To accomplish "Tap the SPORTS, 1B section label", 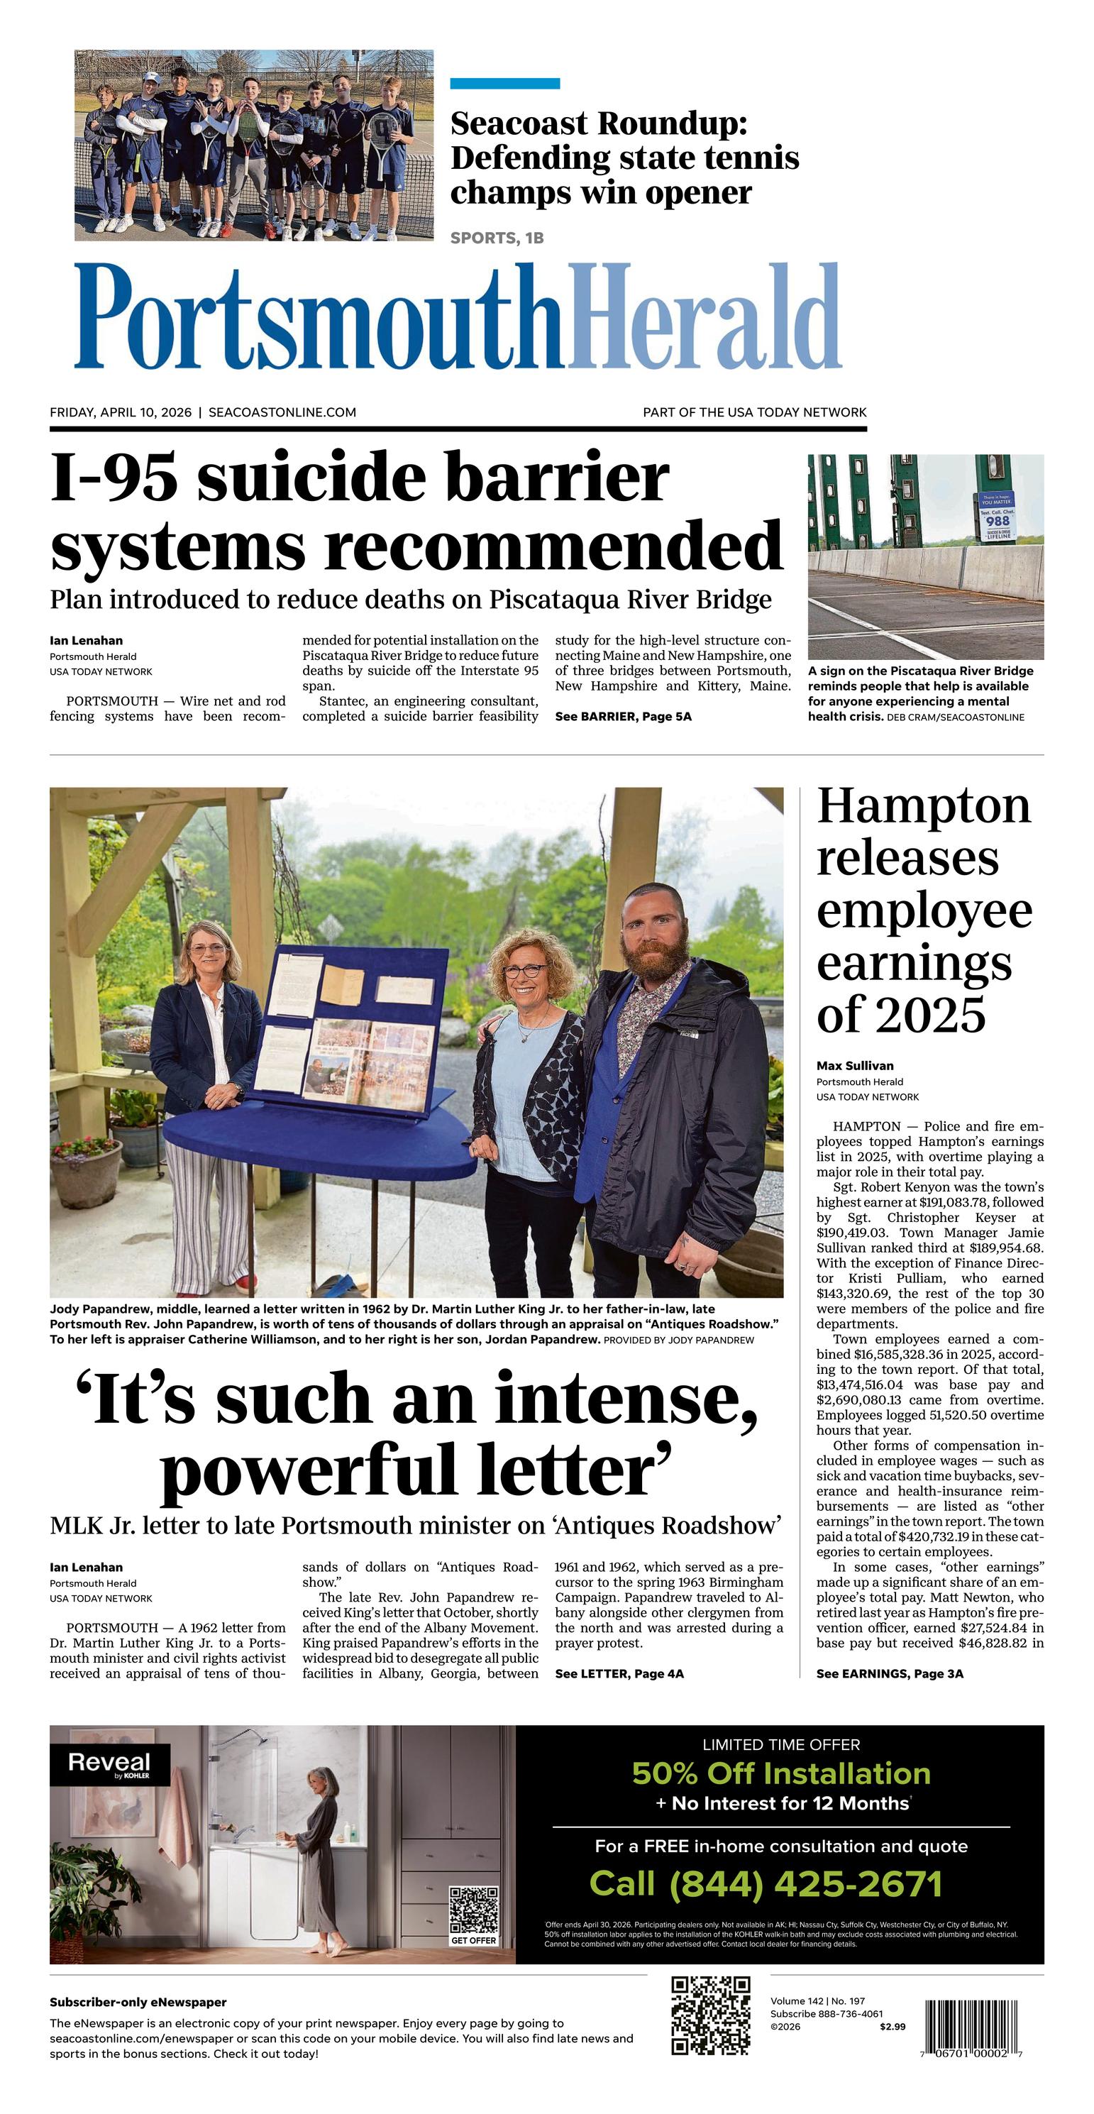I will point(497,238).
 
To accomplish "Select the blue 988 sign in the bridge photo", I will point(996,516).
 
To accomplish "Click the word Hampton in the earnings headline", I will point(923,807).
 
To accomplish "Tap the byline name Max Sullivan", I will point(854,1066).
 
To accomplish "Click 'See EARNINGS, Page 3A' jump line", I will point(890,1673).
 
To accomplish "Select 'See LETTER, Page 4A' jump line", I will point(619,1673).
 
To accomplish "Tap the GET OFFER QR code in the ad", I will point(473,1911).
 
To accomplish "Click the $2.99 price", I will point(892,2026).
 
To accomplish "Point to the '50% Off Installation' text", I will point(780,1773).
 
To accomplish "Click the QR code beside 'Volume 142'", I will point(711,2015).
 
